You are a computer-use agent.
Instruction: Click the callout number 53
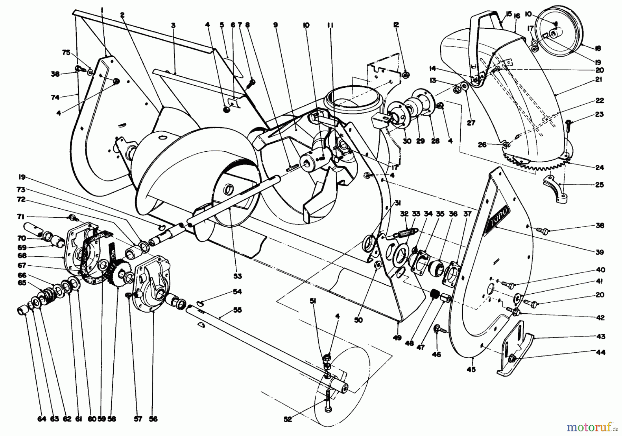(237, 276)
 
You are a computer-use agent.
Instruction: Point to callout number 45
(471, 369)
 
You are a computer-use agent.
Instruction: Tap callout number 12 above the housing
(396, 25)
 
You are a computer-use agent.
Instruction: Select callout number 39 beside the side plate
(600, 252)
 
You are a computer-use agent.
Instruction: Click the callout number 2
(122, 15)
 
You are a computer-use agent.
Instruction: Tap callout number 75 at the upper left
(66, 53)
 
